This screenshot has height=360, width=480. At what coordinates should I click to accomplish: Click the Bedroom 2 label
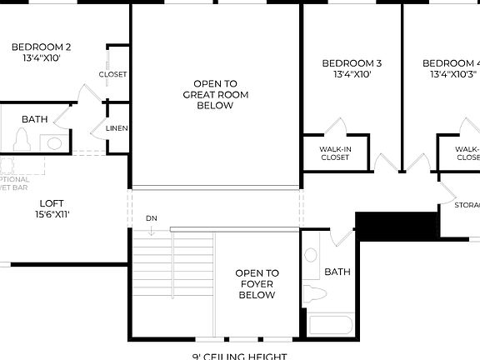[x=35, y=47]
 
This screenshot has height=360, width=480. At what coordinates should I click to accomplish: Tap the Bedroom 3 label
[x=352, y=63]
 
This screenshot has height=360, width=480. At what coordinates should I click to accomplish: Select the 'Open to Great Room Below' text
[x=216, y=94]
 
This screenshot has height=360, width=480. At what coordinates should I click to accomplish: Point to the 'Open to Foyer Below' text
[x=257, y=283]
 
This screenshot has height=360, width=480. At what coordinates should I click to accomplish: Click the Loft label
[x=52, y=202]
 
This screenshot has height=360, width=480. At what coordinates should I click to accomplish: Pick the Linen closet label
[x=117, y=128]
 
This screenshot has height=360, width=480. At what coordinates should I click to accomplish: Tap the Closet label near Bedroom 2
[x=113, y=74]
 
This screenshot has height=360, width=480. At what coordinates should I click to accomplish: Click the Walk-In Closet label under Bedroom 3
[x=335, y=153]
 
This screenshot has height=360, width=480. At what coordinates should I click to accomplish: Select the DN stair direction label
[x=152, y=218]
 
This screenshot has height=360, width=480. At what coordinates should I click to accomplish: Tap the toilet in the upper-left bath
[x=22, y=141]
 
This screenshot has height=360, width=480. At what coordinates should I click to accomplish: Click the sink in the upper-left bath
[x=55, y=143]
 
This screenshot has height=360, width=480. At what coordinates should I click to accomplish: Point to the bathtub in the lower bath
[x=331, y=324]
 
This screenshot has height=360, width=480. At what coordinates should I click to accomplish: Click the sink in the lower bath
[x=311, y=253]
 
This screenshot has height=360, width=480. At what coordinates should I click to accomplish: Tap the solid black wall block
[x=397, y=225]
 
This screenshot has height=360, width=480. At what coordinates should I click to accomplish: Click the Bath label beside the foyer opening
[x=337, y=272]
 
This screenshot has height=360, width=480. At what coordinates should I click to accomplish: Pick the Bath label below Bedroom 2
[x=35, y=119]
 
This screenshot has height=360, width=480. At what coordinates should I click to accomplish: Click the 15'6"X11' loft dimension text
[x=52, y=214]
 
